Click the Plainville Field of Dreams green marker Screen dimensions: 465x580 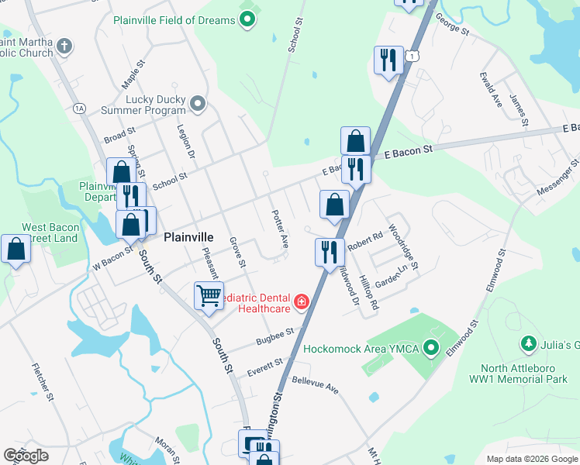pos(247,20)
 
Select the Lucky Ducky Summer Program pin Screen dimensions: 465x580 pos(199,103)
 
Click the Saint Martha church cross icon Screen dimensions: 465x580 pos(64,46)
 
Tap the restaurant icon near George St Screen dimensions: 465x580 pos(387,60)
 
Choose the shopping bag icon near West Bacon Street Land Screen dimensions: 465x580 pos(16,250)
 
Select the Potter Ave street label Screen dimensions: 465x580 pos(279,229)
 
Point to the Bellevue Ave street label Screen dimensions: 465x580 pos(316,384)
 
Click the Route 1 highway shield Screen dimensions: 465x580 pos(415,56)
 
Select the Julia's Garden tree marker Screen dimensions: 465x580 pos(529,343)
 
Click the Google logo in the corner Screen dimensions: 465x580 pos(26,456)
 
